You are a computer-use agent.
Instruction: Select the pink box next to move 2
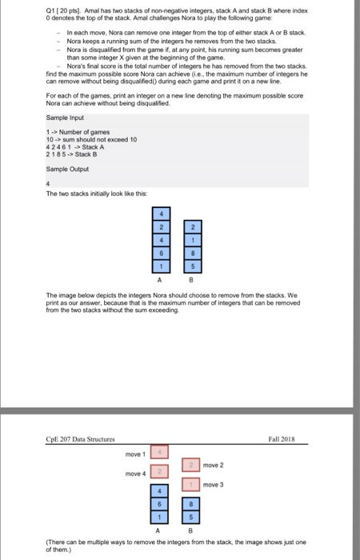[192, 464]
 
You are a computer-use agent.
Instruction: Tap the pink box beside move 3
[192, 484]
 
